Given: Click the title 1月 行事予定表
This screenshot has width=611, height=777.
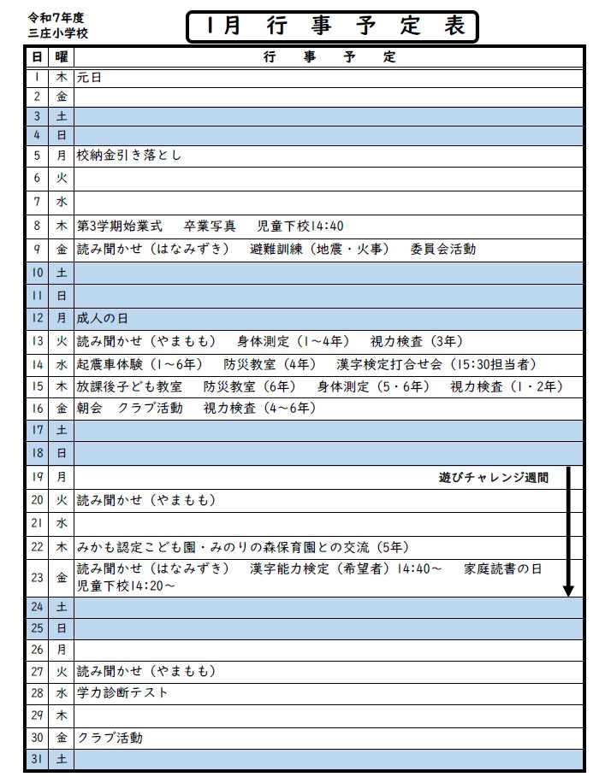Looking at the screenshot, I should point(331,26).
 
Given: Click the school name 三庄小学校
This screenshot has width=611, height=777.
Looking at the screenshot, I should point(57,33).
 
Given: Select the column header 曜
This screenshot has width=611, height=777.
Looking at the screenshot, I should point(61,56).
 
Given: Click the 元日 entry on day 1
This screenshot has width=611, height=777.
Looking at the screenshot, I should point(90,77).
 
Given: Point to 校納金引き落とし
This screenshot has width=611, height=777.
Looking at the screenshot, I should point(129,156).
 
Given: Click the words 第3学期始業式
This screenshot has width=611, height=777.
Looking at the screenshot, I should point(119,227).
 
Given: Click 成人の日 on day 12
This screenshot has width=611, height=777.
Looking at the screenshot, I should point(102,318).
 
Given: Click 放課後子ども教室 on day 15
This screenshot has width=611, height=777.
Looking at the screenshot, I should point(129,386).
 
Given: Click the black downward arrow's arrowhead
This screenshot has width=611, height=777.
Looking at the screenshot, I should point(567,589).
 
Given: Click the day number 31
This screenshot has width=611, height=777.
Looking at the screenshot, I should point(37,758).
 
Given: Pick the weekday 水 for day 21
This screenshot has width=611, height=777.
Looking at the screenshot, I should point(61,522).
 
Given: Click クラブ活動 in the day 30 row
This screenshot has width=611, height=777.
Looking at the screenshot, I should point(110,737).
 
